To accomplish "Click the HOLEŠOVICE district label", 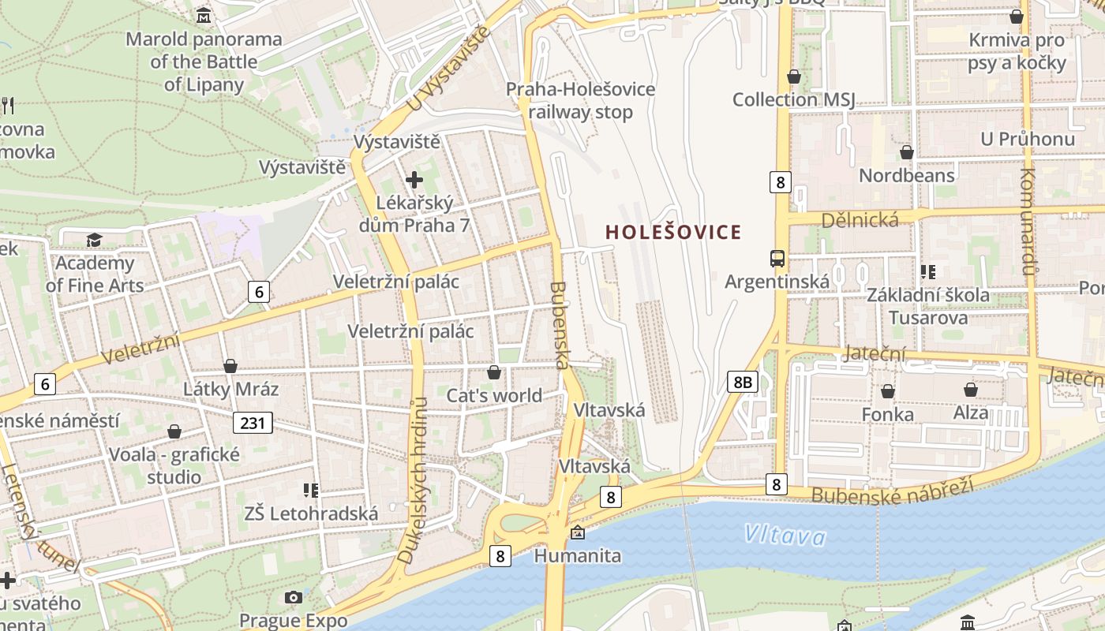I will (x=673, y=232).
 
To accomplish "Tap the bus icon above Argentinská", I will (x=777, y=258).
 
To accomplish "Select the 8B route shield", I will (x=742, y=383).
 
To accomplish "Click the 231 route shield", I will (x=253, y=423).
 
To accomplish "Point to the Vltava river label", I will (x=785, y=536).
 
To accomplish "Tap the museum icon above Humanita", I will (x=578, y=532).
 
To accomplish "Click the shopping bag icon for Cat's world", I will (x=494, y=372).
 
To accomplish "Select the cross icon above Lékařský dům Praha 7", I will (x=414, y=180).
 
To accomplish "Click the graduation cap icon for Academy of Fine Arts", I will (x=95, y=240).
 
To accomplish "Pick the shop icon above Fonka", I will (x=888, y=390).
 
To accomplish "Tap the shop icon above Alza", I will (x=971, y=390).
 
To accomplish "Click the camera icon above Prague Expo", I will (x=294, y=597).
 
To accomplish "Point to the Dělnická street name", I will (x=860, y=220).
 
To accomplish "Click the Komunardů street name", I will (x=1027, y=222).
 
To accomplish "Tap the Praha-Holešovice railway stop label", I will (x=580, y=100).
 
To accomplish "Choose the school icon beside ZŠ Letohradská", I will (x=311, y=491).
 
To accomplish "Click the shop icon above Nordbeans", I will (x=907, y=151).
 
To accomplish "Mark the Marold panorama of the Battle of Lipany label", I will (x=204, y=62).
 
